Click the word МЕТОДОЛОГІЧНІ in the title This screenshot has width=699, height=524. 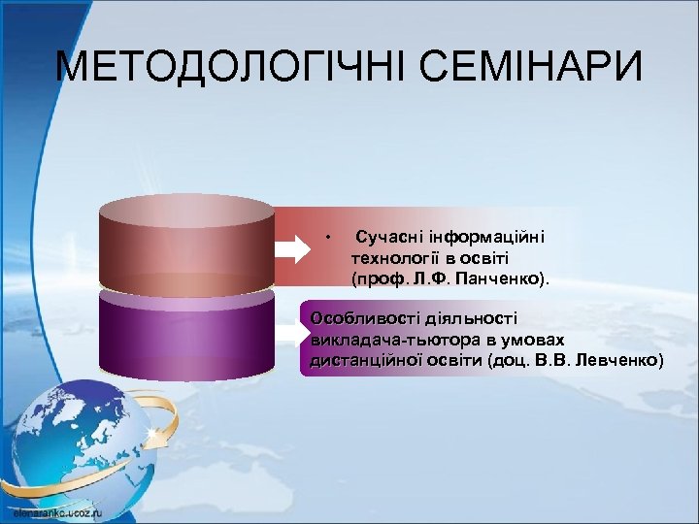[218, 69]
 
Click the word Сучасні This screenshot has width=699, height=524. [387, 236]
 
